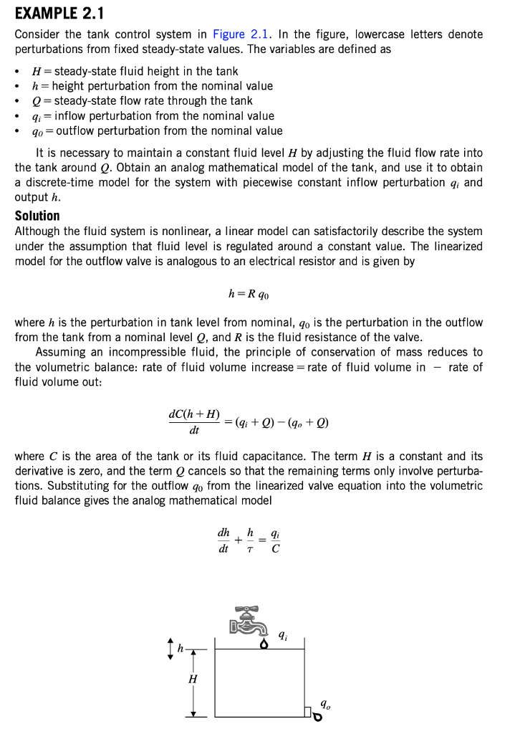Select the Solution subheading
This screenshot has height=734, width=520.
click(37, 216)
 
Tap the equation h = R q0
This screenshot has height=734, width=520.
click(249, 294)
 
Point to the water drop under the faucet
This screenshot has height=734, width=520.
click(264, 643)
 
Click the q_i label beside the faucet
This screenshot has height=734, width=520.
click(284, 634)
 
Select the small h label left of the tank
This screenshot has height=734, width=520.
click(180, 649)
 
